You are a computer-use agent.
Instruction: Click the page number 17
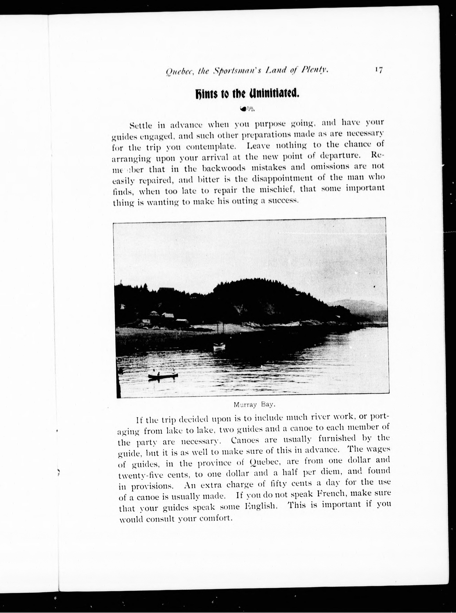pos(378,70)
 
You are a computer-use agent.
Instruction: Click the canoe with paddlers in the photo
pos(163,375)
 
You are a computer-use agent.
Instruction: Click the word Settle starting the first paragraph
pos(141,125)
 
